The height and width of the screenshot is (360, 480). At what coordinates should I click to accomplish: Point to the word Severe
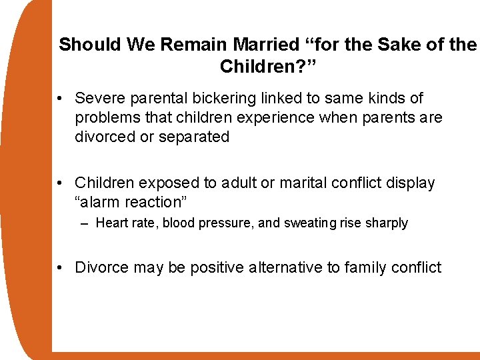pos(99,99)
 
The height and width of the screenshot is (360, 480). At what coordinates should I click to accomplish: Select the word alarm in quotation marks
pos(103,202)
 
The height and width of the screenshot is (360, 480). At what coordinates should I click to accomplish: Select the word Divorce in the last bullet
pos(101,267)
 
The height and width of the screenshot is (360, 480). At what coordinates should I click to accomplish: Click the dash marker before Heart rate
pos(85,223)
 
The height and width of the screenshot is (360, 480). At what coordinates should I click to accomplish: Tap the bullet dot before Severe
pos(61,99)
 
